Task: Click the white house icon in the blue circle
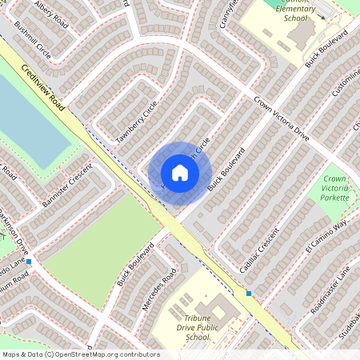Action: [x=180, y=173]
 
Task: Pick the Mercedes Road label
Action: [x=158, y=290]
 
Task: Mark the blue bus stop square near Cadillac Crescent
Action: [x=249, y=294]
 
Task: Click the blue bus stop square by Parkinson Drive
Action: [x=29, y=262]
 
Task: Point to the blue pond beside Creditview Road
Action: [x=28, y=120]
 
